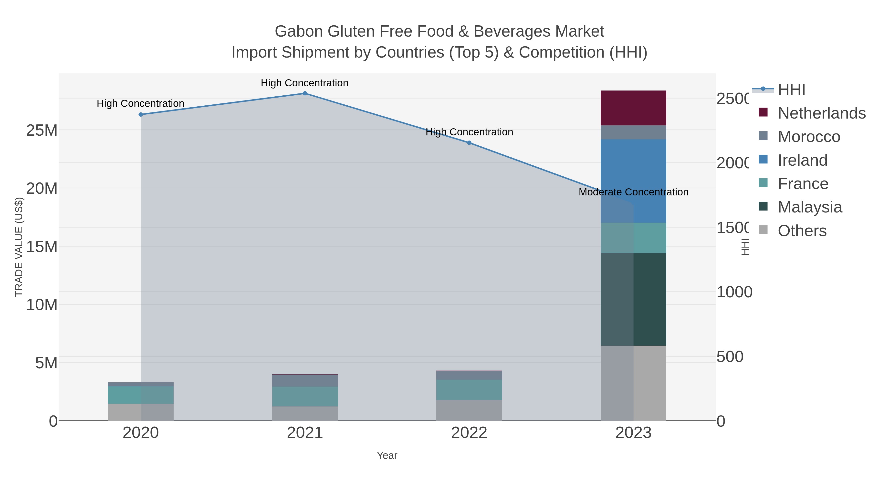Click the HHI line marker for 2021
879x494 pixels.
[x=305, y=93]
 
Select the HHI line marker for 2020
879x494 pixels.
[x=141, y=115]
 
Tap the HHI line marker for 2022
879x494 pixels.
[x=469, y=143]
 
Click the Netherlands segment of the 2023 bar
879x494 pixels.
[x=633, y=108]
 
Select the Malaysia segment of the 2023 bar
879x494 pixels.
[x=650, y=299]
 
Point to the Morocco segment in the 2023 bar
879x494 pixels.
[x=633, y=132]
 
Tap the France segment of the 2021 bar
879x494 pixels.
[x=305, y=396]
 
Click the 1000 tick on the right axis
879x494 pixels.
[x=734, y=292]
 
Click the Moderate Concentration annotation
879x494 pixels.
[x=633, y=192]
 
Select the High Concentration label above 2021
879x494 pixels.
[x=304, y=83]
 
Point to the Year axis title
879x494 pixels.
[x=387, y=455]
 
